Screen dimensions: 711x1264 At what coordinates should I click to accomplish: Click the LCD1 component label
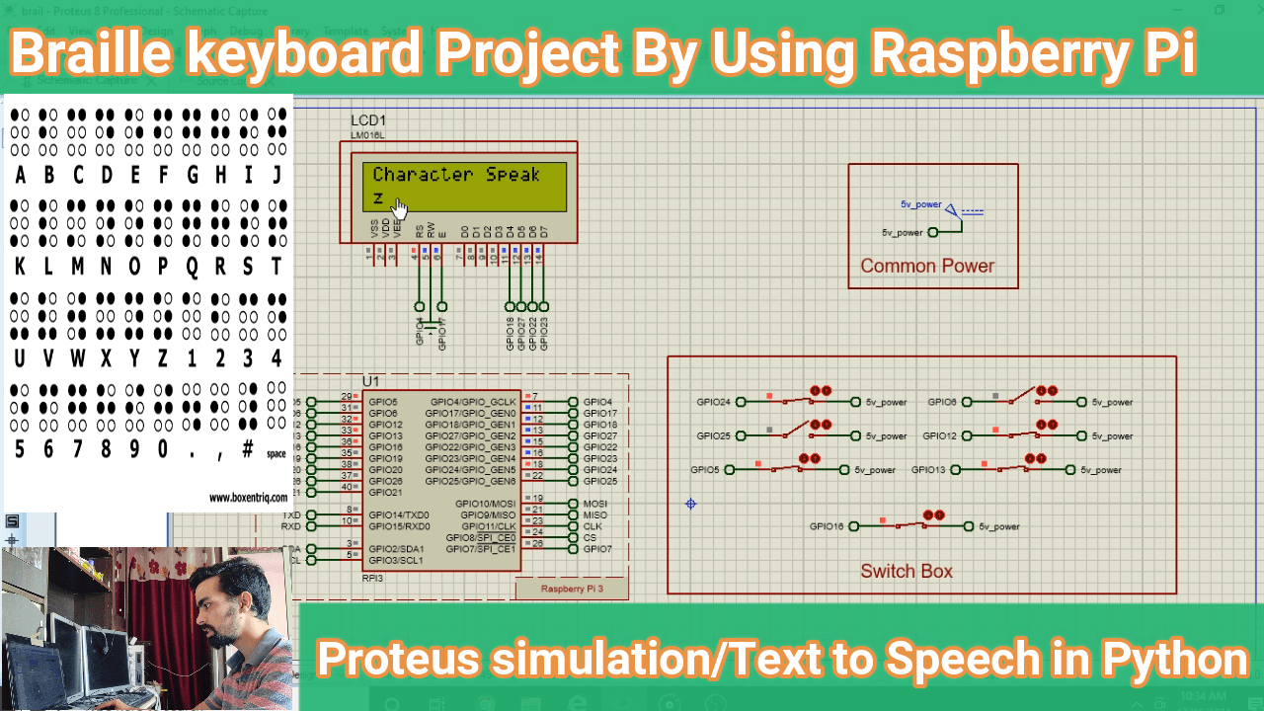click(368, 120)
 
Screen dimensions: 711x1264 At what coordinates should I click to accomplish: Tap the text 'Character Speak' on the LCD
click(456, 175)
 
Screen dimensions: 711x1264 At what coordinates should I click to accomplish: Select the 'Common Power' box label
click(927, 266)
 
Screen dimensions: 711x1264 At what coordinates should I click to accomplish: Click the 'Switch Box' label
click(907, 571)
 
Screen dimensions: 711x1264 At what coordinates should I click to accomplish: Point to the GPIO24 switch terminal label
click(713, 402)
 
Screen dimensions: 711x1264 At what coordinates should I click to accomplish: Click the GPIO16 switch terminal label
click(827, 526)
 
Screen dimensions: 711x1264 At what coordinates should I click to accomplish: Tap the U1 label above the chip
click(370, 381)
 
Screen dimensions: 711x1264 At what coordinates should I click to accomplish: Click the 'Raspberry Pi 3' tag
click(572, 589)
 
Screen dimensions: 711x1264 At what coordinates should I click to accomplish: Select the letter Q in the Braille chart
click(192, 267)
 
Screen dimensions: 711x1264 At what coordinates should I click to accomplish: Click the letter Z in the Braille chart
click(162, 357)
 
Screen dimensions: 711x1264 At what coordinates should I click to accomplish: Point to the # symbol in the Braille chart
click(247, 448)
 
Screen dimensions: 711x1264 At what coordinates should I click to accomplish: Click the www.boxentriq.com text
click(248, 499)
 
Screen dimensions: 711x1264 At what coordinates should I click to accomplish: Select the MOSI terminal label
click(595, 504)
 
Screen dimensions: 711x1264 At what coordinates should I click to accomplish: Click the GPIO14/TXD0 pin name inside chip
click(399, 514)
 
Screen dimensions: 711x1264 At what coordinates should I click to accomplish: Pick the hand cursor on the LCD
click(400, 208)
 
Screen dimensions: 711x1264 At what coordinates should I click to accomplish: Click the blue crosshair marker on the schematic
click(691, 504)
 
